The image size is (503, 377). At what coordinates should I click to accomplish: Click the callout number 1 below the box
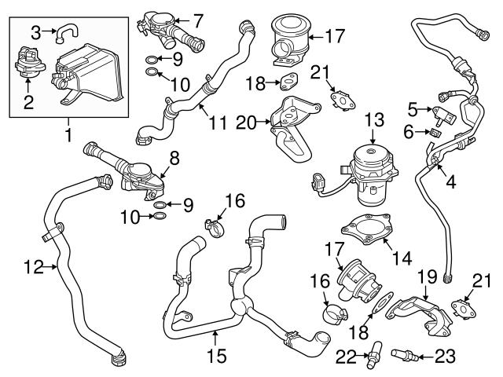(68, 137)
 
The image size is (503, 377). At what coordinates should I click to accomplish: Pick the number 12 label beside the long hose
(33, 268)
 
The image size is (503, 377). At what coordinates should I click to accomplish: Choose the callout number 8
(174, 158)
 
